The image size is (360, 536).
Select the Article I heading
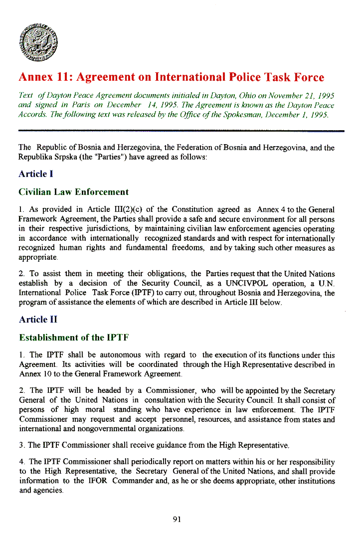pos(36,174)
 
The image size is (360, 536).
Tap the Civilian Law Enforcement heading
pos(73,192)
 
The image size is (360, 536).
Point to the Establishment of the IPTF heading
pos(74,338)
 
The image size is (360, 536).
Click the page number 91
pos(177,519)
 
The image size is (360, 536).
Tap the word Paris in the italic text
pos(80,105)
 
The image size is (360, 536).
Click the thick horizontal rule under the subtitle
pos(181,131)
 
